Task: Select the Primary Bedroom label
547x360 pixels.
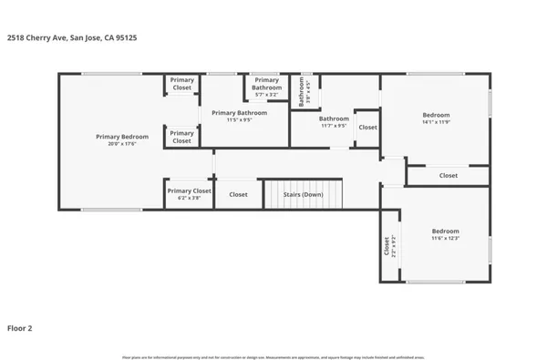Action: (x=122, y=137)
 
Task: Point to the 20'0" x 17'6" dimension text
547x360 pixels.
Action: (x=122, y=144)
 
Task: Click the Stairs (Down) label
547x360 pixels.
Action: (x=304, y=194)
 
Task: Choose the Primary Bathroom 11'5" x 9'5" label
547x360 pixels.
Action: (x=239, y=116)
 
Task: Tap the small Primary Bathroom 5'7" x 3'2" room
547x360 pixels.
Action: (x=266, y=87)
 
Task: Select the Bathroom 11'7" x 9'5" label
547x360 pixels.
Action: (x=334, y=121)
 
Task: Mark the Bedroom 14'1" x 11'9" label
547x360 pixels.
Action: (x=436, y=118)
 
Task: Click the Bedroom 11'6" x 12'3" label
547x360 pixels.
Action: (x=445, y=234)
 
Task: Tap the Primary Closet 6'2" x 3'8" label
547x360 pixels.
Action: (x=189, y=193)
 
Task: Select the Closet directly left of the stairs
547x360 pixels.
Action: (x=238, y=194)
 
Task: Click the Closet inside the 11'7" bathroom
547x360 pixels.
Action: (x=367, y=128)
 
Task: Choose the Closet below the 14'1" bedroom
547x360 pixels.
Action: (x=448, y=175)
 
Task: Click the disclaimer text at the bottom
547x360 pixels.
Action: (x=273, y=355)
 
